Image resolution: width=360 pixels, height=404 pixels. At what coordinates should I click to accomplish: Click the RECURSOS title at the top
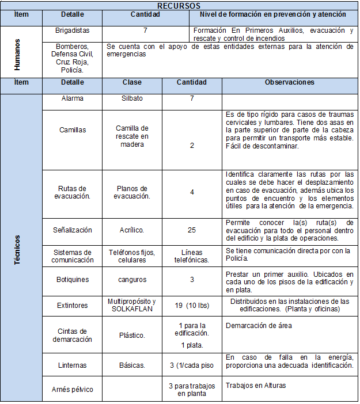point(179,5)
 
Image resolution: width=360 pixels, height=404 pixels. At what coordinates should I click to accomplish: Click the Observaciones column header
point(289,82)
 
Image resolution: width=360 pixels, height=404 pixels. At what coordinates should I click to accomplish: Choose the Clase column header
point(132,82)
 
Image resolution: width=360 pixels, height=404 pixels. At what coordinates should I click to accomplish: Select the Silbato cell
point(132,98)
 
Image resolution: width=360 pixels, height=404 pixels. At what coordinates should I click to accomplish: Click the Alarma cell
point(73,98)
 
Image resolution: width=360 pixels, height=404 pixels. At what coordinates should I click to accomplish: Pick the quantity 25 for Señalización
point(192,230)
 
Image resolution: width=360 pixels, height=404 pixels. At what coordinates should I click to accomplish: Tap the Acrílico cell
point(132,230)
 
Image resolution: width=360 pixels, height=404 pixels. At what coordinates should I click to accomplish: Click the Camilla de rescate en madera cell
point(132,136)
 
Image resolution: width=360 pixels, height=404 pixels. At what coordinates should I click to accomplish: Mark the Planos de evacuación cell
point(132,192)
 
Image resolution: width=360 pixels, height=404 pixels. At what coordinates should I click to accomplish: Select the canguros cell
point(132,280)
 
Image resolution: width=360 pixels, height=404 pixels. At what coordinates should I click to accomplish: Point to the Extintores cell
point(73,306)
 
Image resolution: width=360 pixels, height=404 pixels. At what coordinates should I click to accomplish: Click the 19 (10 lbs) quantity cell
point(192,306)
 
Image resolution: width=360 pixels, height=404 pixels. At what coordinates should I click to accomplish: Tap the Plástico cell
point(132,335)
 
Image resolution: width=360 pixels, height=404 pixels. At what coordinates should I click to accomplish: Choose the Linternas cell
point(73,365)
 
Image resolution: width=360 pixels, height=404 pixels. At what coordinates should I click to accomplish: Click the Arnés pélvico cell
point(73,389)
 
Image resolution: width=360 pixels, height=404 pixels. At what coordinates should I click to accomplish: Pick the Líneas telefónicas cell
point(192,256)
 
